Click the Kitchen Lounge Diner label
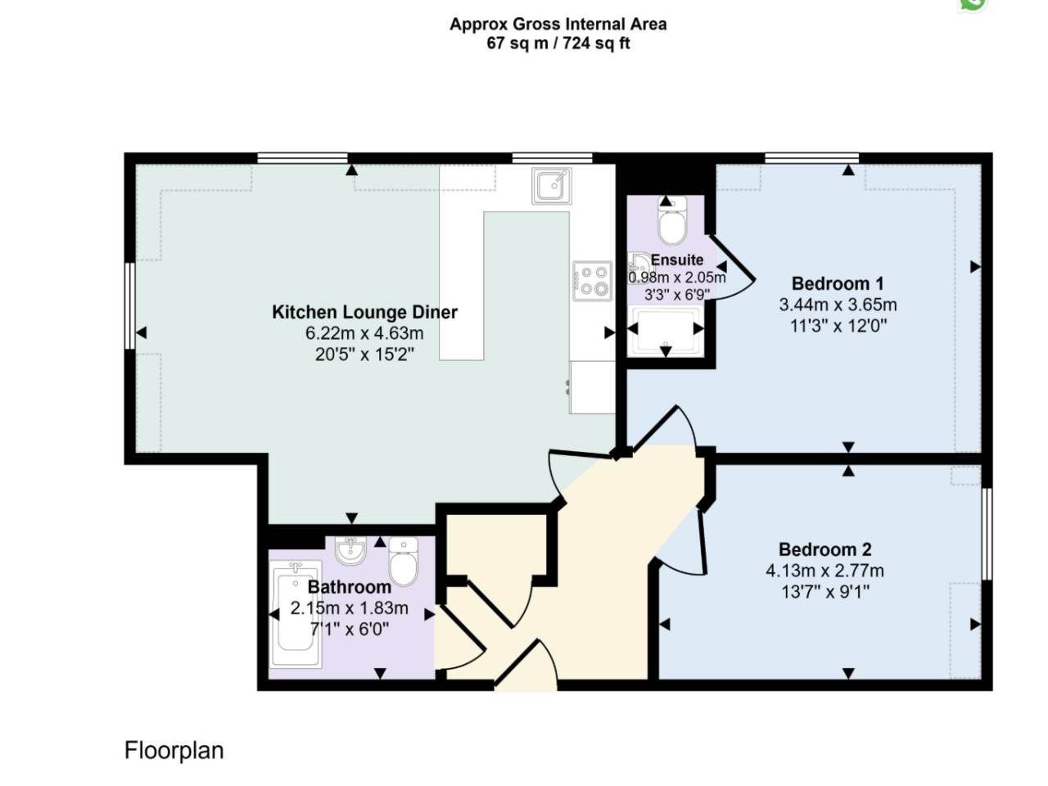[x=364, y=312]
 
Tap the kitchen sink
[x=552, y=186]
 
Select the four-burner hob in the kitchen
[x=592, y=281]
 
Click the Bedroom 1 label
[x=838, y=283]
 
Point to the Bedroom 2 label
[x=824, y=549]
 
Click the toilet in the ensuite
[x=671, y=220]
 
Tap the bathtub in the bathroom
[x=296, y=614]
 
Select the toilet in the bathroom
[x=404, y=561]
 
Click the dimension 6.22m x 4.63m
[x=364, y=333]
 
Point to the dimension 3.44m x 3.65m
[x=838, y=305]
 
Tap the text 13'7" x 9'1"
[x=825, y=592]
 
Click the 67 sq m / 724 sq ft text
[x=558, y=43]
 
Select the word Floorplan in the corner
[x=174, y=750]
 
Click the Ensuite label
[x=677, y=260]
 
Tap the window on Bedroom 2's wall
[x=987, y=534]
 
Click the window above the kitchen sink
[x=553, y=158]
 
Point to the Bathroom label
[x=350, y=587]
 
